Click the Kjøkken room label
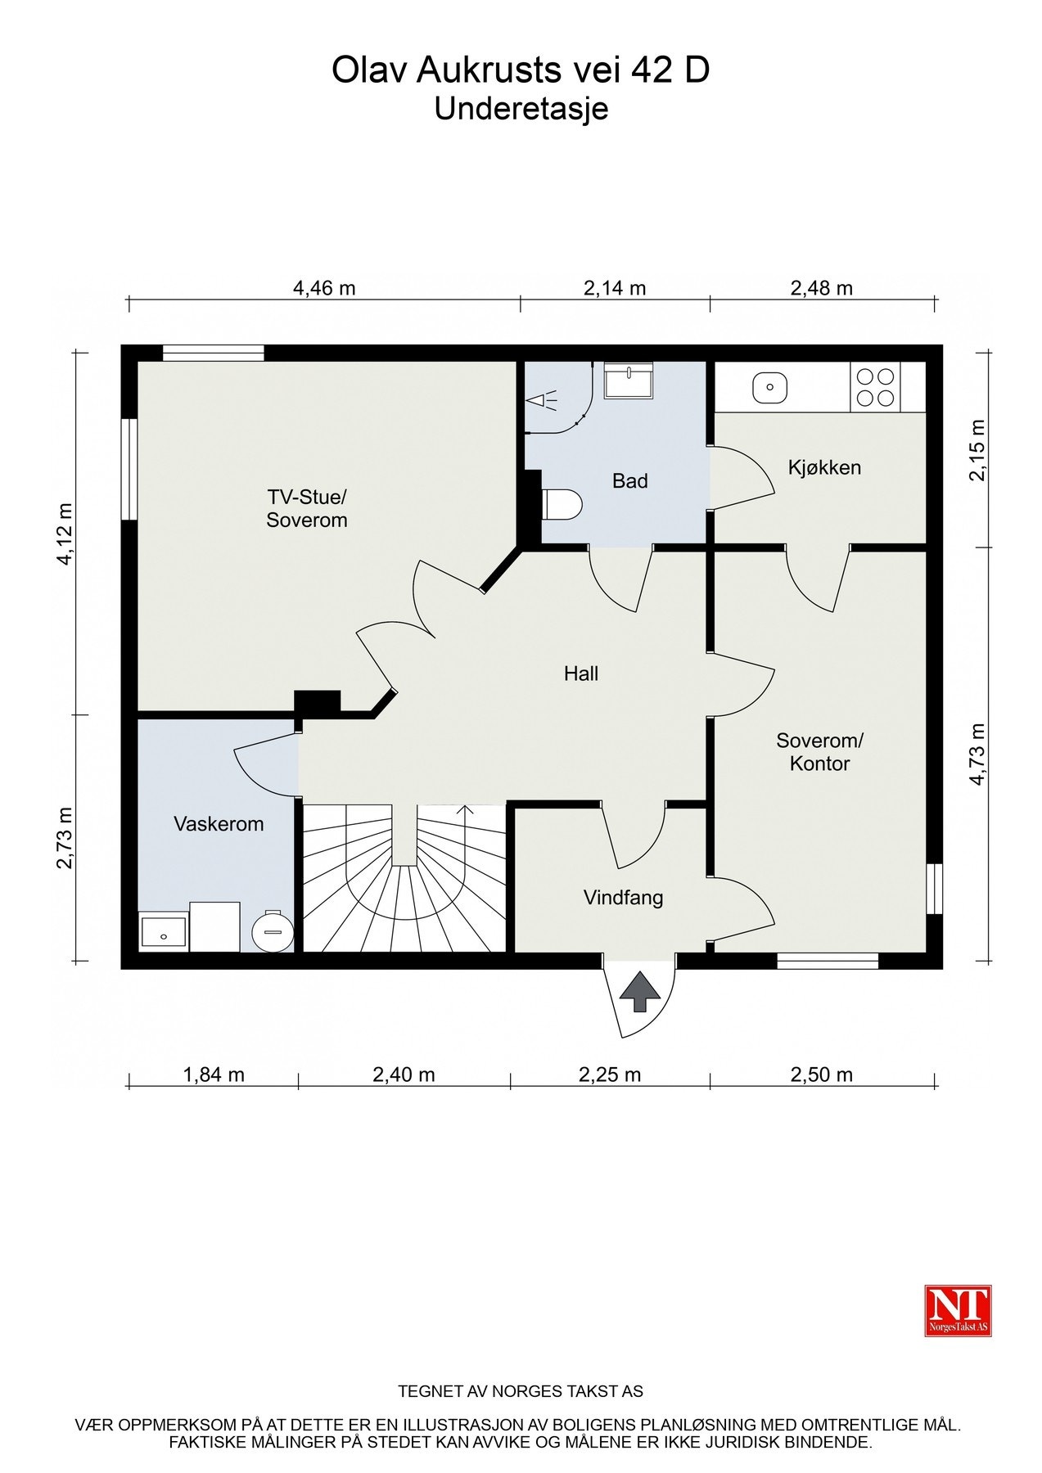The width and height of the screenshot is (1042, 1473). point(824,468)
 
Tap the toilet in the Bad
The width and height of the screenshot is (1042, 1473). point(562,505)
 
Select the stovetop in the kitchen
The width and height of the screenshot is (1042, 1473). point(875,387)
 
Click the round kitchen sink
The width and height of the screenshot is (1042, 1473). point(770,387)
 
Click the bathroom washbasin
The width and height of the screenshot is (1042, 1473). point(629,381)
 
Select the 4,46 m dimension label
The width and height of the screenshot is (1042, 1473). point(324,288)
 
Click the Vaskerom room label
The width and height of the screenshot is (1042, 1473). point(219,824)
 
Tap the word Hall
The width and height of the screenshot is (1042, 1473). point(581,673)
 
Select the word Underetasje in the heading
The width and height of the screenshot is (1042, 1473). point(521,108)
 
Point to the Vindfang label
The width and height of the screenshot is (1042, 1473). point(623,898)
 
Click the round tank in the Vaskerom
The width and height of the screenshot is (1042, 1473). point(272,930)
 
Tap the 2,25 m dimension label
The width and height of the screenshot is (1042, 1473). point(610,1074)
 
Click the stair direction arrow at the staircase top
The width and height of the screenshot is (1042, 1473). point(466,810)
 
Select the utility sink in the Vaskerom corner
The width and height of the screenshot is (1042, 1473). point(163,931)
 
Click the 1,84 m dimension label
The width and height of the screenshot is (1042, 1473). point(214,1074)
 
